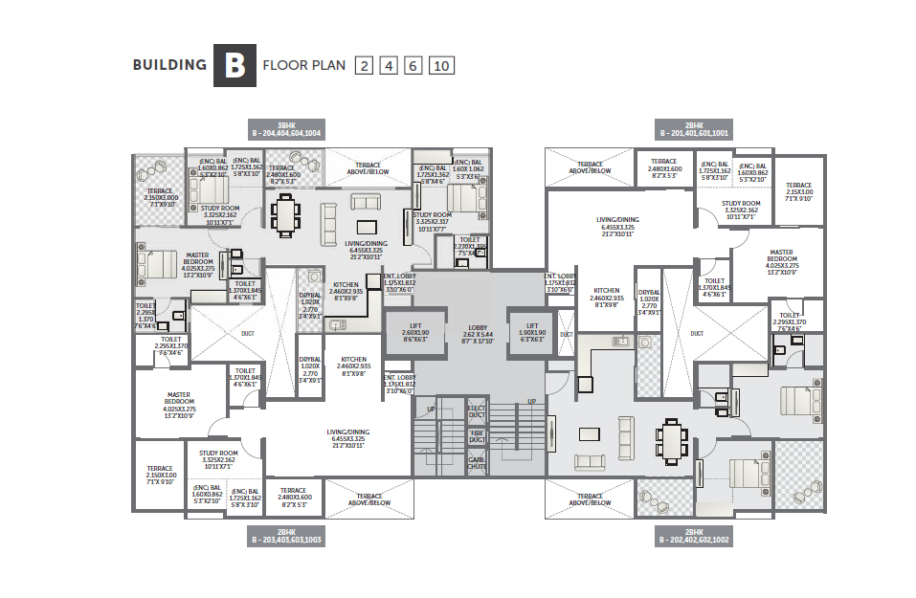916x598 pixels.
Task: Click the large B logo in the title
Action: (x=235, y=65)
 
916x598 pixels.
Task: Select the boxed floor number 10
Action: (x=441, y=66)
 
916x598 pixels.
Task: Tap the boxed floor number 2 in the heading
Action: (x=364, y=66)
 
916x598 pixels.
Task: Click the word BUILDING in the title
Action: (x=169, y=66)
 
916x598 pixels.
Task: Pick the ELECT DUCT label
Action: (x=477, y=412)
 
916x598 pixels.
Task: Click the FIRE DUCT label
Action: (x=477, y=436)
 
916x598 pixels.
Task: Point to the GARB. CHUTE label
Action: (x=477, y=462)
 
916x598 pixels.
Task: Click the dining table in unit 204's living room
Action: (x=285, y=214)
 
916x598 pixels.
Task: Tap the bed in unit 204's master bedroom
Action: (x=157, y=260)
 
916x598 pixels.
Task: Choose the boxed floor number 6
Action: (x=413, y=66)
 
